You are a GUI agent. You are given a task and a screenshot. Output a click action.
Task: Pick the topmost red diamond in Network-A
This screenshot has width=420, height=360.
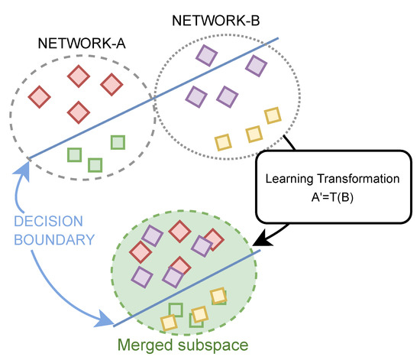point(78,76)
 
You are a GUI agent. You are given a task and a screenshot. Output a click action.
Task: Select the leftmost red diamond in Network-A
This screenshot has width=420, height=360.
point(40,97)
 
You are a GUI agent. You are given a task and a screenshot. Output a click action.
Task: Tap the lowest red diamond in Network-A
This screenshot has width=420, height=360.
point(78,112)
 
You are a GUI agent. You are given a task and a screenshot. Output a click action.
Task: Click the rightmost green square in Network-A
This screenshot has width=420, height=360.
point(118,141)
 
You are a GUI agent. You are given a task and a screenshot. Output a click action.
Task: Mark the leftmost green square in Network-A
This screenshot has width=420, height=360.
point(74,154)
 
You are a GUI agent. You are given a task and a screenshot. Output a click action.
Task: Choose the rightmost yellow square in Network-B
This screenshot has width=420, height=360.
point(273,115)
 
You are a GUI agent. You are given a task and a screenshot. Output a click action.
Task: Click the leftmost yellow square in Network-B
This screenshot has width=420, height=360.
point(224,141)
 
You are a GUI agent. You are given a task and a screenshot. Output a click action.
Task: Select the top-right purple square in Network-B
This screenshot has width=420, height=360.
point(254,64)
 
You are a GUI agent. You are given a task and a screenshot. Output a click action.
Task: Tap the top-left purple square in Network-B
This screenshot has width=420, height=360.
point(206,54)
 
